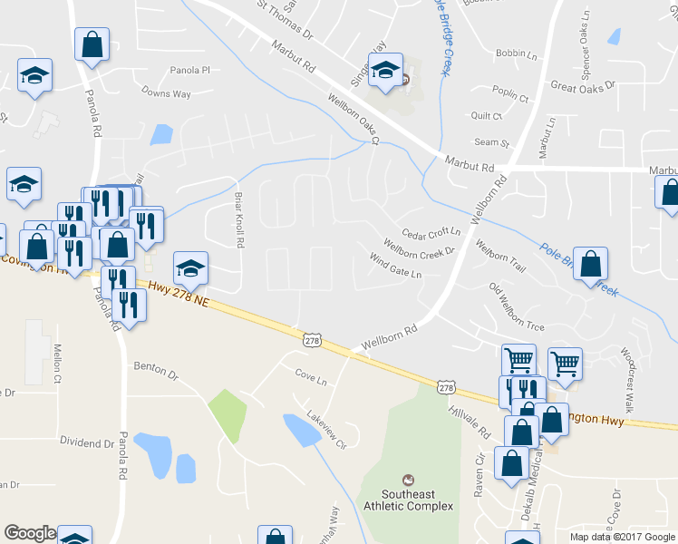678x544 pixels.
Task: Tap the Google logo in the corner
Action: [x=30, y=533]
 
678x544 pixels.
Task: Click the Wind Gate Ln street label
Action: [x=395, y=266]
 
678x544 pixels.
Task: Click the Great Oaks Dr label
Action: [x=582, y=85]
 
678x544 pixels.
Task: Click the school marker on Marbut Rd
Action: [x=385, y=70]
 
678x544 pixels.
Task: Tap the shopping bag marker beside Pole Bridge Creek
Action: [x=590, y=264]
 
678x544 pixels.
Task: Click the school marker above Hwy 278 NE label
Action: [x=190, y=268]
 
